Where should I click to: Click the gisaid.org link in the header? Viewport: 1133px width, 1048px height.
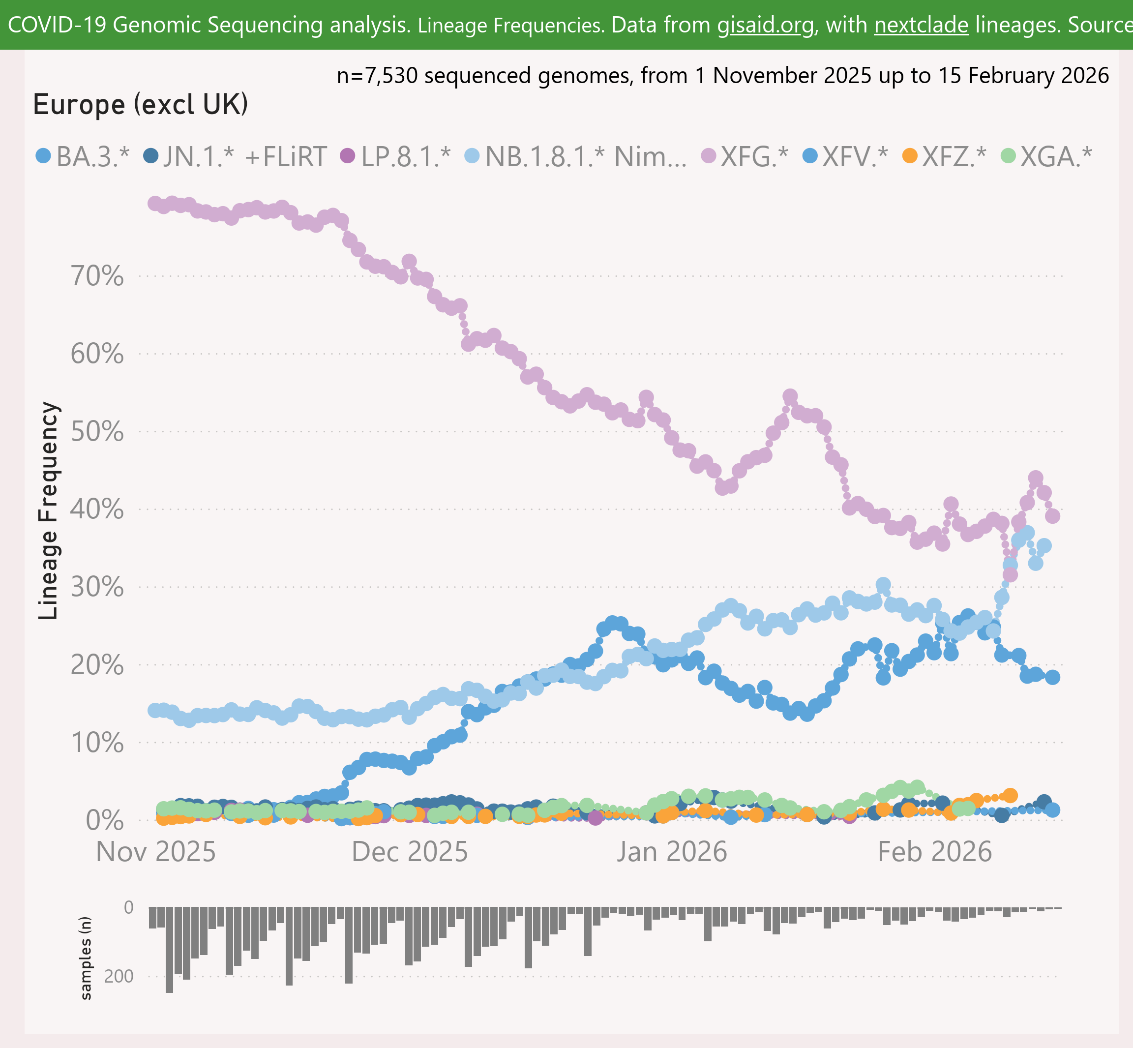[766, 26]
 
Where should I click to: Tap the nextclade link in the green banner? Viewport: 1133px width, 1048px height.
[922, 26]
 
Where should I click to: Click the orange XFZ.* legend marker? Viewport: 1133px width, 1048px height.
[910, 155]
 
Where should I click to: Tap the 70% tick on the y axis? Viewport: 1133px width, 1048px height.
[97, 277]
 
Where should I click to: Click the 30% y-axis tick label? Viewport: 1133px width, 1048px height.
[97, 587]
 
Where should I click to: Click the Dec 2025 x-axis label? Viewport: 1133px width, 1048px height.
[410, 852]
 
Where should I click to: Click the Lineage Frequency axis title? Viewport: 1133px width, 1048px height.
[48, 510]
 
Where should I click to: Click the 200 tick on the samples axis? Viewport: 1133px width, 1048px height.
[119, 977]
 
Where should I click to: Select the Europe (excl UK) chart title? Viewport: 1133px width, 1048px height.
[141, 105]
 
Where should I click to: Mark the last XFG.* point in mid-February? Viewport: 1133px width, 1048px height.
[1052, 516]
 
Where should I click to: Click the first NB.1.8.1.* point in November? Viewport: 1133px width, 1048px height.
[155, 710]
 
